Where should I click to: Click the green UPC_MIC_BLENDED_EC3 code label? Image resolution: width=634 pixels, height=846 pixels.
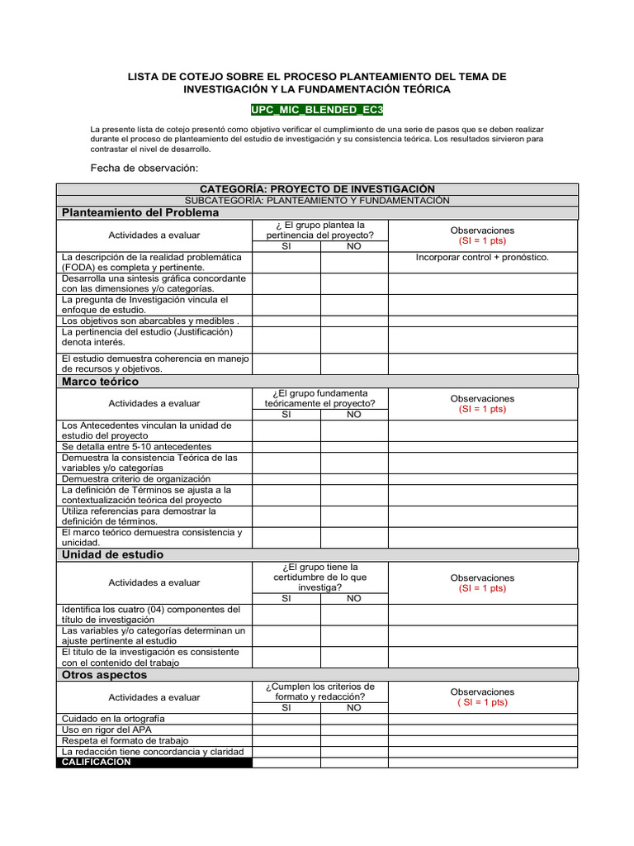pyautogui.click(x=317, y=110)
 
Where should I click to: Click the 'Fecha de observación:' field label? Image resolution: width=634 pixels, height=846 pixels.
pyautogui.click(x=144, y=168)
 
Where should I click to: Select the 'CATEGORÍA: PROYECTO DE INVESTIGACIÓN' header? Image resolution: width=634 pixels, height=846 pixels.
pyautogui.click(x=317, y=189)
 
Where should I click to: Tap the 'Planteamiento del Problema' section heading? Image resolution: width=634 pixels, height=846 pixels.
pyautogui.click(x=140, y=212)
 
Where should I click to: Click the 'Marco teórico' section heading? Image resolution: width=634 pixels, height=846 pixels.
pyautogui.click(x=100, y=382)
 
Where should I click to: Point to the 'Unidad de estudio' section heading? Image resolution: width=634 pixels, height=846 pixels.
pyautogui.click(x=112, y=554)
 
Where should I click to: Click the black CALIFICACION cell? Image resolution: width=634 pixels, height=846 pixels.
pyautogui.click(x=154, y=763)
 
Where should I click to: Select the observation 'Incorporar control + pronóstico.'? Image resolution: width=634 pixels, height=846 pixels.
pyautogui.click(x=482, y=257)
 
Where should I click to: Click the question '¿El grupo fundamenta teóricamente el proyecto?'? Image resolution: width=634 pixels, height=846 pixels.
pyautogui.click(x=319, y=398)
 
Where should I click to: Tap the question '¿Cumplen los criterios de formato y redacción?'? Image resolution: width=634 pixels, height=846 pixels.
pyautogui.click(x=319, y=692)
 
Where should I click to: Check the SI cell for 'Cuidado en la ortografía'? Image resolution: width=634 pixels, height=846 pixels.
pyautogui.click(x=286, y=719)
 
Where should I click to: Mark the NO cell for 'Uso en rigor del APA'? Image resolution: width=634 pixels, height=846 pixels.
pyautogui.click(x=353, y=730)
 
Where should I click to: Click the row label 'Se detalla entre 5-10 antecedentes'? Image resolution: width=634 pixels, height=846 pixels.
pyautogui.click(x=136, y=446)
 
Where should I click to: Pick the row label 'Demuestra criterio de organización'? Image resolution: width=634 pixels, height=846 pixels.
pyautogui.click(x=136, y=478)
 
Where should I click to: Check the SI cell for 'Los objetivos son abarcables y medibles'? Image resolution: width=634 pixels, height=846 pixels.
pyautogui.click(x=286, y=321)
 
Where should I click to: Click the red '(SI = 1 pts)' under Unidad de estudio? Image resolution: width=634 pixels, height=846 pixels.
pyautogui.click(x=482, y=588)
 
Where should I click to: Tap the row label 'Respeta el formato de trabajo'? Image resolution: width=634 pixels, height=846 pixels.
pyautogui.click(x=125, y=740)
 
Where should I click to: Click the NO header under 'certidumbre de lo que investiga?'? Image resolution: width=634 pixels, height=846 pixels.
pyautogui.click(x=353, y=598)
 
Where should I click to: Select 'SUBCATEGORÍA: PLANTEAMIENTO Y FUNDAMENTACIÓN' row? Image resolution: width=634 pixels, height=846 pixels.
pyautogui.click(x=317, y=201)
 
